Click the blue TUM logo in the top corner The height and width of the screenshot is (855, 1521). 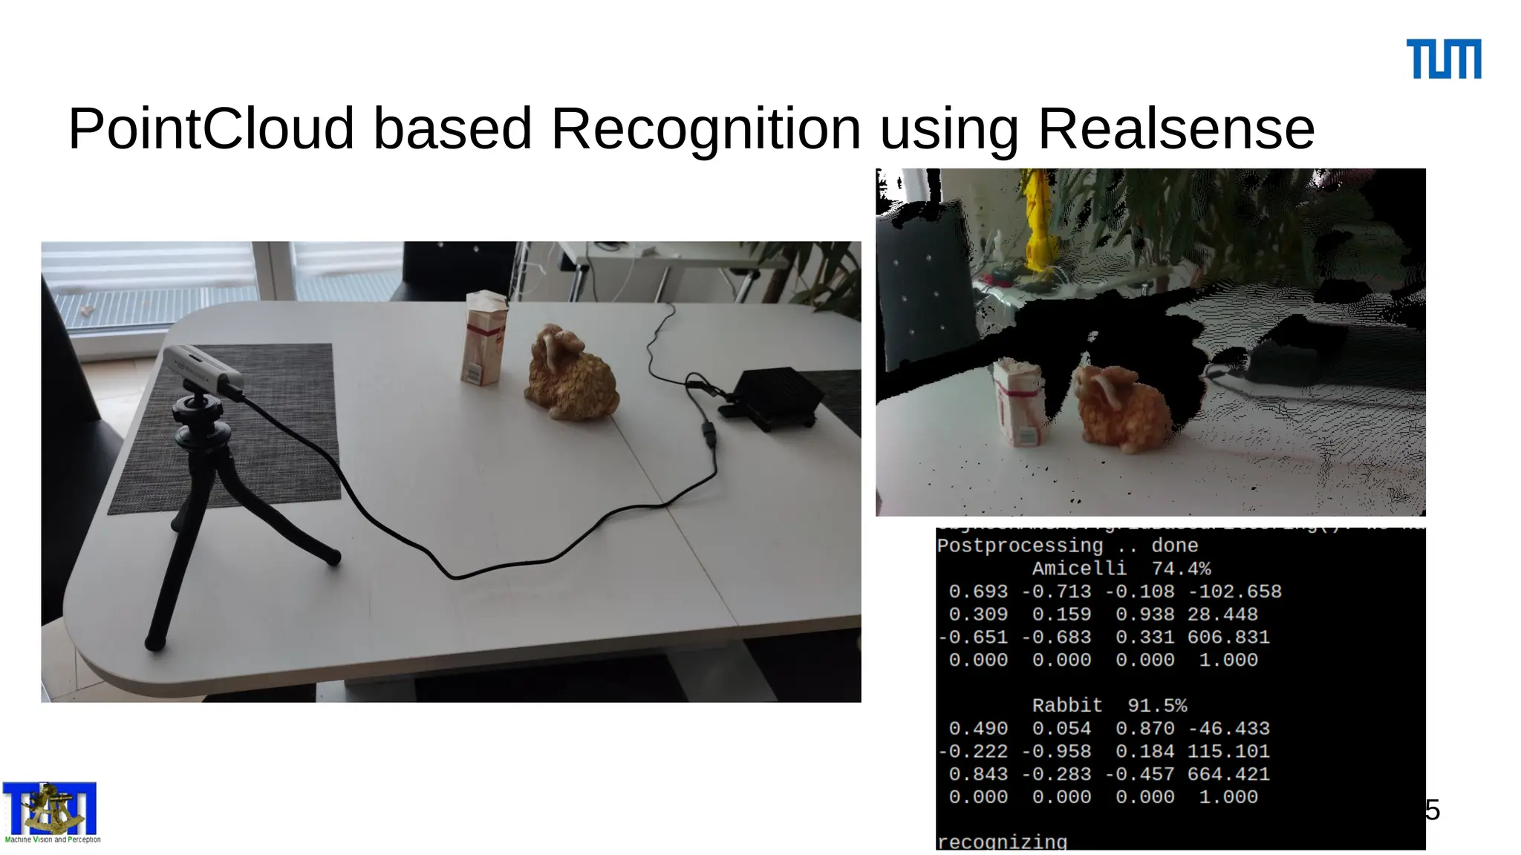pyautogui.click(x=1443, y=59)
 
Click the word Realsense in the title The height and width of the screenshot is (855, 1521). pyautogui.click(x=1176, y=129)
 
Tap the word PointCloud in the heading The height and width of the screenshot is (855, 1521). pyautogui.click(x=211, y=129)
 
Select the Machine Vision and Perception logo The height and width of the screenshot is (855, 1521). pyautogui.click(x=51, y=812)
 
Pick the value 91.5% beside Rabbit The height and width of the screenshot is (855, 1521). pyautogui.click(x=1157, y=706)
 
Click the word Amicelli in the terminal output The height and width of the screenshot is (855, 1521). pyautogui.click(x=1079, y=569)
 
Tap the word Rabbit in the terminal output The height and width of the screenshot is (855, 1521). pyautogui.click(x=1067, y=706)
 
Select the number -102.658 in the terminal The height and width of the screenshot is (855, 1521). pyautogui.click(x=1234, y=592)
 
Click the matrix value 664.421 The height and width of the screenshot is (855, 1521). pyautogui.click(x=1228, y=775)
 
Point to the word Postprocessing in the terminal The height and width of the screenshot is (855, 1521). pyautogui.click(x=1020, y=546)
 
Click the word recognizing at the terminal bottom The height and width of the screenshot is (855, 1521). pyautogui.click(x=1002, y=842)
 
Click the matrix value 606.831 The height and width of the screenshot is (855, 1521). pyautogui.click(x=1228, y=638)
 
